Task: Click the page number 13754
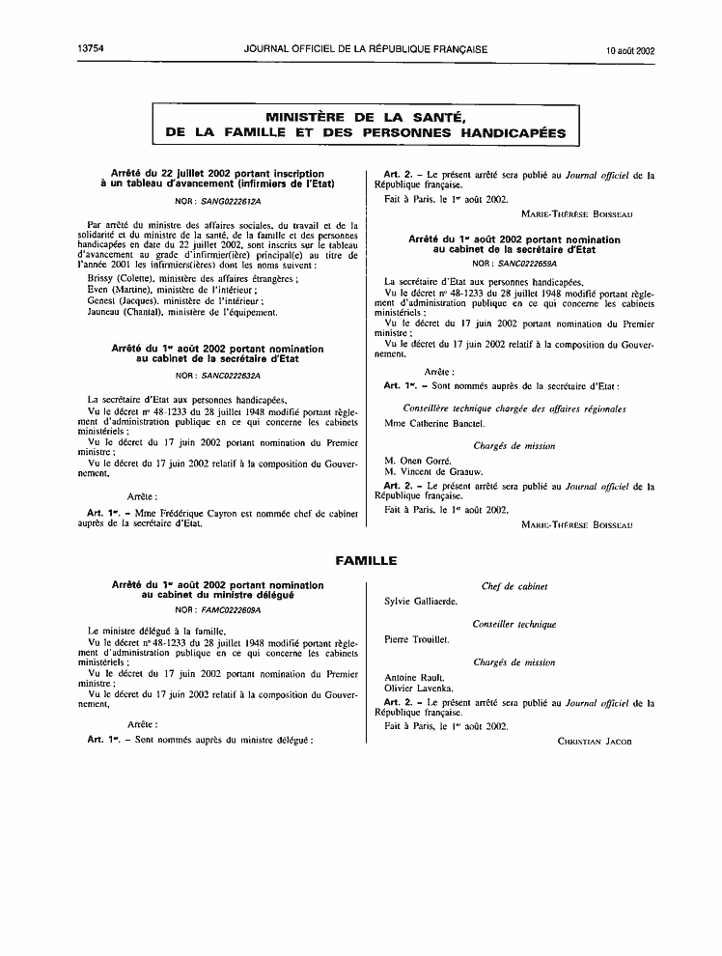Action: coord(87,48)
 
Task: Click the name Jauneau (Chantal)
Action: coord(116,312)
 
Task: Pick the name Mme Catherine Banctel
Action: coord(434,423)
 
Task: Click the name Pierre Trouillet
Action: coord(417,639)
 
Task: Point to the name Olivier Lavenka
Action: coord(419,689)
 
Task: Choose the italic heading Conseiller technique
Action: coord(514,625)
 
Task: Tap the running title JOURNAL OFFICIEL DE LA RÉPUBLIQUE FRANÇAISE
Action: coord(366,48)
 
